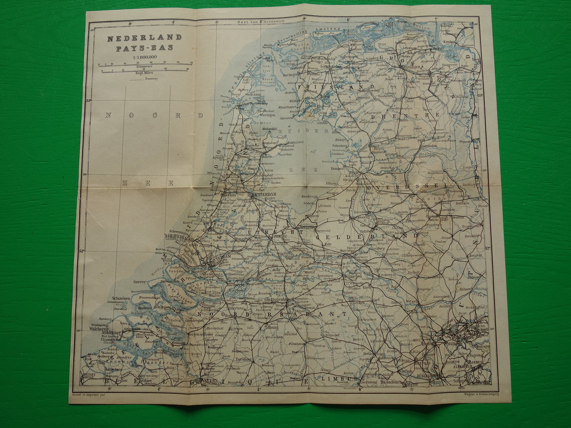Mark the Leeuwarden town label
tap(333, 67)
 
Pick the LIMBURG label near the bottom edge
tap(335, 379)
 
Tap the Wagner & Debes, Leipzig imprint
tap(467, 394)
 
